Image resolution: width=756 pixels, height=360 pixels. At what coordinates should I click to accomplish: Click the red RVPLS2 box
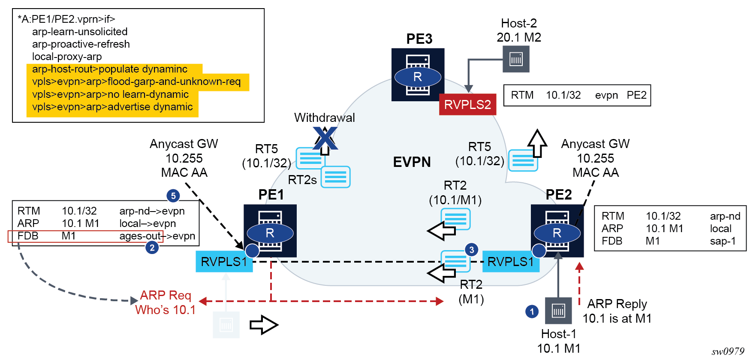pos(467,105)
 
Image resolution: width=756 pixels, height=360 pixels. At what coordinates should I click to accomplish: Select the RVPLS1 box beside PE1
pos(224,262)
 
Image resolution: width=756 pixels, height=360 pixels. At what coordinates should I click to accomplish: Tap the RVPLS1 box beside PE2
pos(511,262)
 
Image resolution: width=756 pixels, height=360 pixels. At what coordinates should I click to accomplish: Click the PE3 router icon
pos(418,75)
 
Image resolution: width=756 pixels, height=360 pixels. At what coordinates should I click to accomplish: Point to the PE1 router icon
pos(270,231)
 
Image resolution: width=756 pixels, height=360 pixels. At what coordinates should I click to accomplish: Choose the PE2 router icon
pos(557,231)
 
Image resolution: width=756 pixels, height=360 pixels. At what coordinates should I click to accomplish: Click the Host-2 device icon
pos(516,59)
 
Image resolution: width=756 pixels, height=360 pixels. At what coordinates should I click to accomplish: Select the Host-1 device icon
pos(558,310)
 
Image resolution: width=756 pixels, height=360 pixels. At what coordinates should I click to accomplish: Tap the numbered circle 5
pos(173,196)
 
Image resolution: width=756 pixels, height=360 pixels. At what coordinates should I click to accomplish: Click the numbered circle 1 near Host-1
pos(532,312)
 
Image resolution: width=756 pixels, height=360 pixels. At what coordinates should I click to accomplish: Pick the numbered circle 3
pos(472,250)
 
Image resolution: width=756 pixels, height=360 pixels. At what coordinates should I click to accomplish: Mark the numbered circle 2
pos(152,248)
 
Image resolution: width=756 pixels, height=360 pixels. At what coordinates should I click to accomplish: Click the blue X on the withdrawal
pos(325,138)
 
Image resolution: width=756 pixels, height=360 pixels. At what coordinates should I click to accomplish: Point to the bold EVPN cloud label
pos(412,162)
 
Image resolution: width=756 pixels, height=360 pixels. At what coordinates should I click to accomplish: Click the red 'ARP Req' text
pos(166,295)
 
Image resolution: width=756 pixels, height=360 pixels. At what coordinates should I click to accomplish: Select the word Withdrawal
pos(324,118)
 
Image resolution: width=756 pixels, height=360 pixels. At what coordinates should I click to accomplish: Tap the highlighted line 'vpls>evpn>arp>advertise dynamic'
pos(112,107)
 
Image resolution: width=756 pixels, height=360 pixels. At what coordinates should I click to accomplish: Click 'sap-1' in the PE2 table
pos(723,241)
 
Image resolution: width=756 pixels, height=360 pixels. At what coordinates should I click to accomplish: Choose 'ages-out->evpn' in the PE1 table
pos(157,236)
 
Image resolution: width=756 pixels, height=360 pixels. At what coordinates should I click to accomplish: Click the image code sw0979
pos(728,351)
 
